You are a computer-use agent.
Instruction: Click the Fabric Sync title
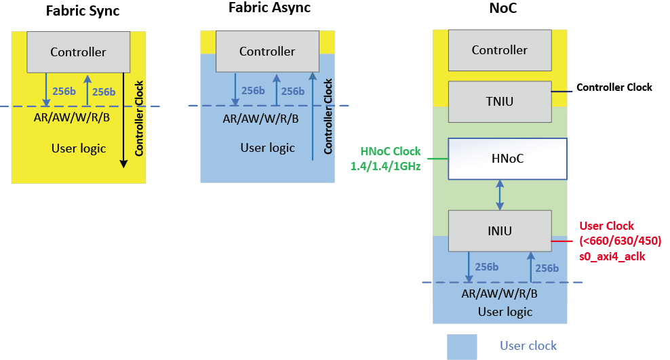pyautogui.click(x=82, y=11)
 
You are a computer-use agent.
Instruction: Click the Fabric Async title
pyautogui.click(x=269, y=9)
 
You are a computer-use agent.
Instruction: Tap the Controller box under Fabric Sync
pyautogui.click(x=78, y=52)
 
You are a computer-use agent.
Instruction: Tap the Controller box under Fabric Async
pyautogui.click(x=267, y=51)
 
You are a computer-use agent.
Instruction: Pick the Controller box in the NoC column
pyautogui.click(x=500, y=49)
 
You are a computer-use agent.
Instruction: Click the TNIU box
pyautogui.click(x=500, y=101)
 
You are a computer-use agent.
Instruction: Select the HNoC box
pyautogui.click(x=507, y=159)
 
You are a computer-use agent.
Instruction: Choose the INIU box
pyautogui.click(x=500, y=231)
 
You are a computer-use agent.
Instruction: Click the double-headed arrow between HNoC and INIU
pyautogui.click(x=500, y=195)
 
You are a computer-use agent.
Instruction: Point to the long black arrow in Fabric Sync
pyautogui.click(x=124, y=119)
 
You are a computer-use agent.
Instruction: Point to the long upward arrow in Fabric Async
pyautogui.click(x=313, y=115)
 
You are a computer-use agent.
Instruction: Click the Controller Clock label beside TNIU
pyautogui.click(x=614, y=87)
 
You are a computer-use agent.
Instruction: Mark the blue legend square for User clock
pyautogui.click(x=461, y=346)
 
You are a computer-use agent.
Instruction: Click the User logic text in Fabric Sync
pyautogui.click(x=79, y=148)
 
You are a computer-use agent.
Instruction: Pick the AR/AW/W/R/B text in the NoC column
pyautogui.click(x=499, y=294)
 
